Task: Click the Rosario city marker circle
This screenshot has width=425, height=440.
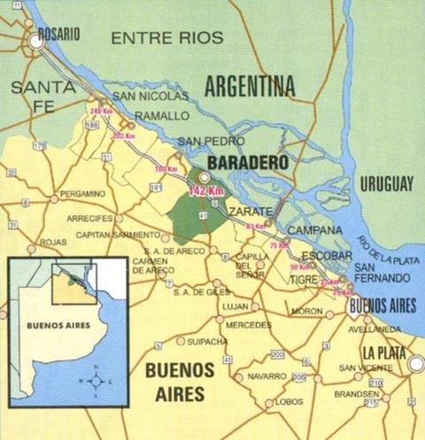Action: [36, 40]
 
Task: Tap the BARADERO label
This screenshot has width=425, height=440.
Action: [244, 165]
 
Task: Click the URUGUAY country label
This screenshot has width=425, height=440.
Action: [387, 184]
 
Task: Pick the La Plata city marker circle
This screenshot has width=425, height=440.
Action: [415, 363]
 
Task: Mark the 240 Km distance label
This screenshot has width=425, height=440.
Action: [101, 111]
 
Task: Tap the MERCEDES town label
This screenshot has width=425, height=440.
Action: [249, 324]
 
